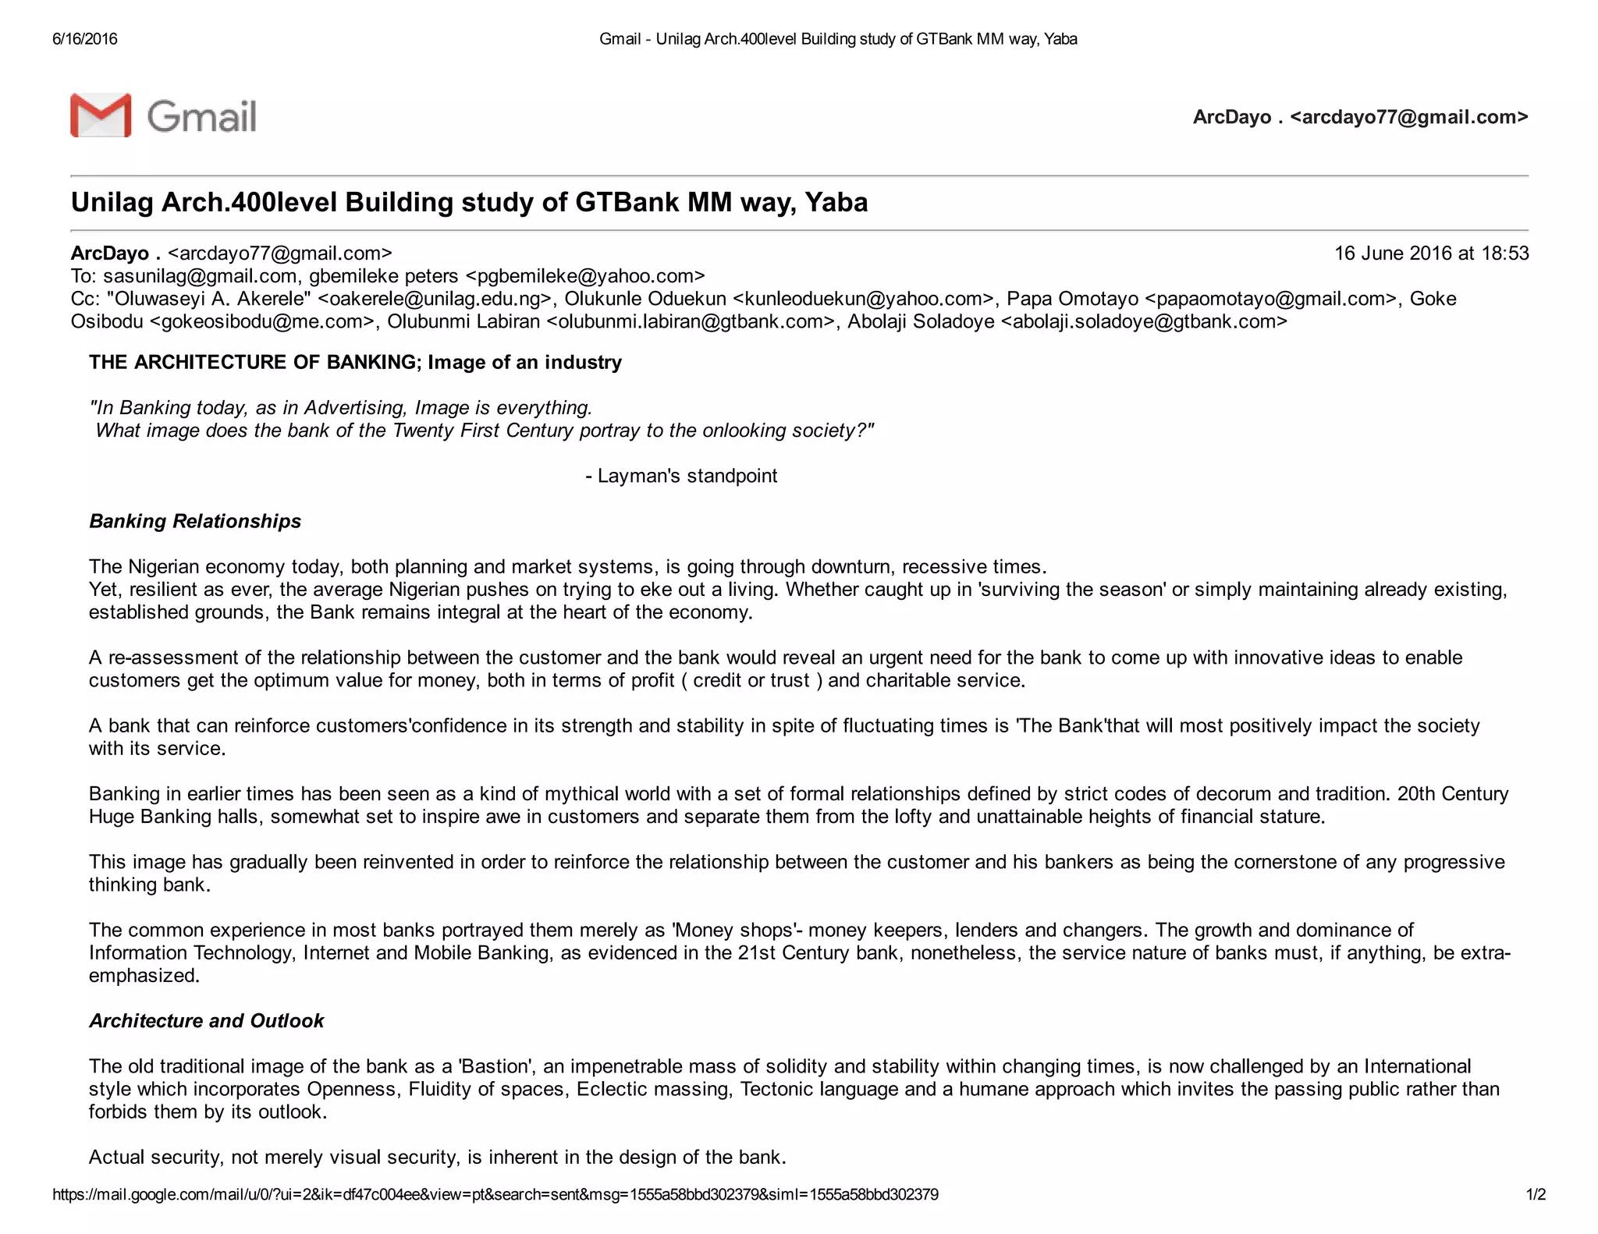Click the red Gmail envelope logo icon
coord(101,115)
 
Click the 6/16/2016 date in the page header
coord(85,39)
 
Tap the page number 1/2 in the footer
coord(1536,1195)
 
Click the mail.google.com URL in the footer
coord(495,1195)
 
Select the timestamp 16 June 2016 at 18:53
coord(1431,254)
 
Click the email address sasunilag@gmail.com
coord(200,276)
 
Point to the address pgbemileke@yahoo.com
coord(585,276)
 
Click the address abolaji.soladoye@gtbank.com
coord(1143,321)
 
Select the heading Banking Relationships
coord(195,521)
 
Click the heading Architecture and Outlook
coord(206,1021)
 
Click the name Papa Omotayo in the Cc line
coord(1072,299)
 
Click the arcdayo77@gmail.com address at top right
coord(1409,117)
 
